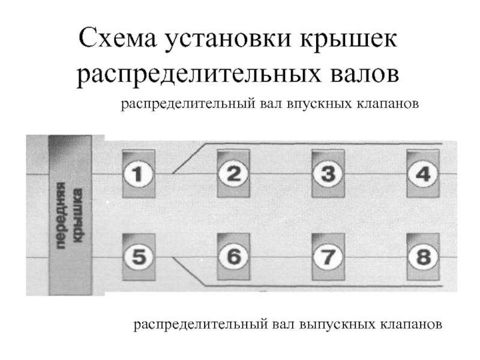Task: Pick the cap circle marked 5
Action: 138,257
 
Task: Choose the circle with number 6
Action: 233,257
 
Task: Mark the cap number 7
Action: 328,257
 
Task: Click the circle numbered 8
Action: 422,257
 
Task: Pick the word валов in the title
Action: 363,74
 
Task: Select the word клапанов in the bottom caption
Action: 410,325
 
